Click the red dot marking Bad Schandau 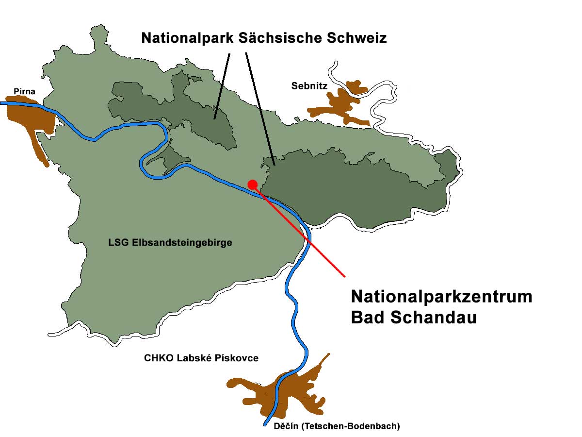(x=252, y=184)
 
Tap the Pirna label (x=24, y=91)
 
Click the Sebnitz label (x=309, y=86)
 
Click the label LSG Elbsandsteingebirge (x=170, y=243)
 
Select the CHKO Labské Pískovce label (x=201, y=358)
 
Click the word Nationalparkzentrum (x=441, y=297)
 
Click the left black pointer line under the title (x=222, y=83)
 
